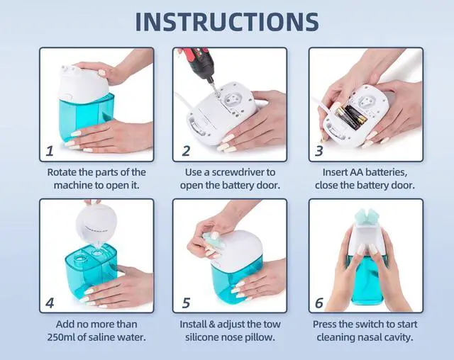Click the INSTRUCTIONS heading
click(x=227, y=22)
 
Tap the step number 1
click(x=50, y=151)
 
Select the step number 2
click(x=186, y=151)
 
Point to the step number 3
click(x=319, y=151)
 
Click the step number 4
click(x=50, y=303)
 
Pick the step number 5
click(x=186, y=303)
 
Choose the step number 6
click(x=319, y=303)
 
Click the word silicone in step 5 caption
click(x=201, y=337)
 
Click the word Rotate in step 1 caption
click(x=62, y=172)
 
